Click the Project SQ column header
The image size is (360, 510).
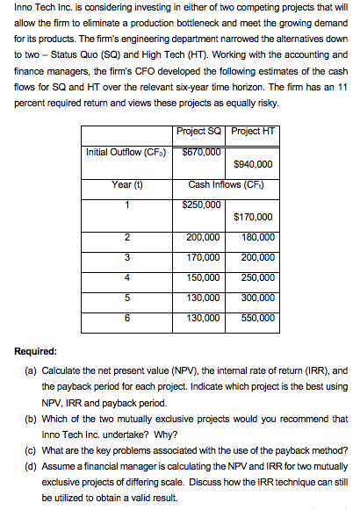point(198,132)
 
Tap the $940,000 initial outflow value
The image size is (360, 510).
point(255,163)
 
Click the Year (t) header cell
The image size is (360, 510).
point(127,184)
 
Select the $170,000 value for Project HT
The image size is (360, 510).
point(255,218)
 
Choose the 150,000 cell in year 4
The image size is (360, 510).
point(203,277)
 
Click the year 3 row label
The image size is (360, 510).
point(127,257)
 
